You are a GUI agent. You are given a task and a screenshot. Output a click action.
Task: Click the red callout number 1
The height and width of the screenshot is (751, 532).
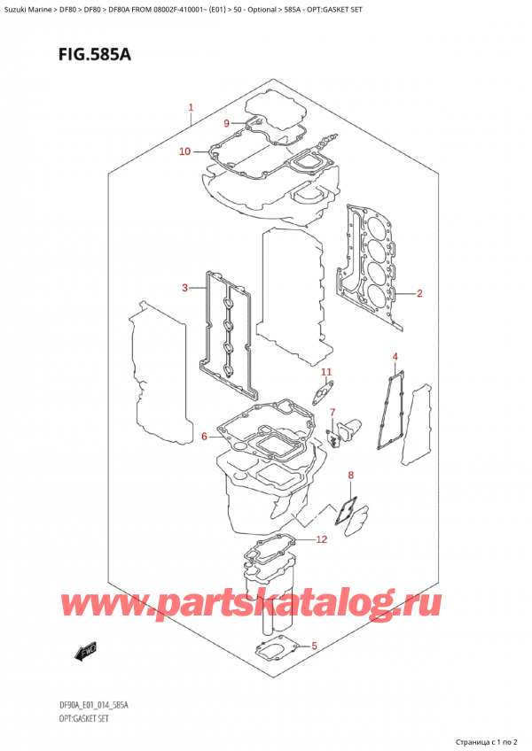(191, 108)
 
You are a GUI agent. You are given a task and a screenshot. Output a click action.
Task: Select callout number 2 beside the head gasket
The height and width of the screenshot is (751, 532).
(419, 293)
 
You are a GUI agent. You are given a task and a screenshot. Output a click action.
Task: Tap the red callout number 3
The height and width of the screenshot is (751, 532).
(184, 288)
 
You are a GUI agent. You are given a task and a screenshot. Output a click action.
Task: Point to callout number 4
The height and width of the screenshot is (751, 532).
(395, 357)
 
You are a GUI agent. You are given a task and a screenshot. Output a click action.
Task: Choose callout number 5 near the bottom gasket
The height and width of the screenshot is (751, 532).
(314, 646)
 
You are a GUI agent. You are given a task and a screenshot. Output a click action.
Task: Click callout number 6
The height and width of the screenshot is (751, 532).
(204, 437)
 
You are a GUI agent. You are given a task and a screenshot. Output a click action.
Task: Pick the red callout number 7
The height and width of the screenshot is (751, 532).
(332, 412)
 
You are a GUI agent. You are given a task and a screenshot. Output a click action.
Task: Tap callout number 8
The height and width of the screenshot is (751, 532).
(350, 475)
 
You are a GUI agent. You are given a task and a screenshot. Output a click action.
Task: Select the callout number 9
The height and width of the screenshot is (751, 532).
(227, 124)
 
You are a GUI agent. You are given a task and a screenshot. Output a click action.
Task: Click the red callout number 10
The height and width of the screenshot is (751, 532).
(184, 151)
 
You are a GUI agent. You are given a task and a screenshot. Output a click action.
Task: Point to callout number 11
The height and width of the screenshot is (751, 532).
(326, 372)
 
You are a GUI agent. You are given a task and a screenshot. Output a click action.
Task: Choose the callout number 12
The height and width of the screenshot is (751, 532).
(321, 540)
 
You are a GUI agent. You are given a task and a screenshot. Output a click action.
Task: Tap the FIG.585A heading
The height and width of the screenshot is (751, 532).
(95, 55)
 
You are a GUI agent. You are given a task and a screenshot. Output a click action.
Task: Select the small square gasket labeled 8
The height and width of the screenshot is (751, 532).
(346, 511)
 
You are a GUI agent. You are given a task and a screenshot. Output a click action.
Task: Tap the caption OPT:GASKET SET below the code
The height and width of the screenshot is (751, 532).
(84, 718)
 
